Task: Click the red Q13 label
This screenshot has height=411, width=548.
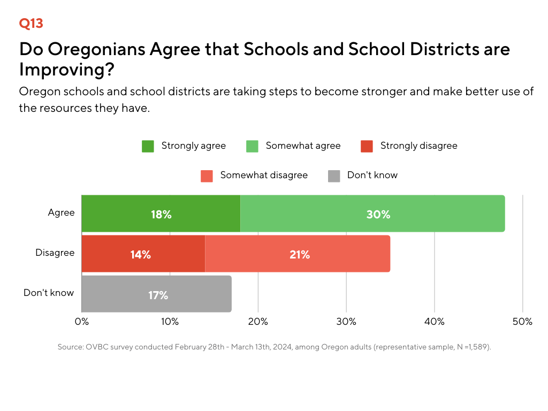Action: (x=31, y=24)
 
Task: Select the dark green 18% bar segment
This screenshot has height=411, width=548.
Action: (x=161, y=214)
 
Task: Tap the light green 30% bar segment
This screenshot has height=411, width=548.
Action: (x=372, y=214)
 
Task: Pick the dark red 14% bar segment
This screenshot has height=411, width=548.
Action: (x=143, y=254)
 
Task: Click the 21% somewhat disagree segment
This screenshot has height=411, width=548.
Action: (x=298, y=254)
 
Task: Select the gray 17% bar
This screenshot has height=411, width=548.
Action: (x=157, y=294)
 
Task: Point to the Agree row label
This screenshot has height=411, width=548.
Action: (x=61, y=213)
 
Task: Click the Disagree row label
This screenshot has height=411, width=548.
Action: (x=55, y=253)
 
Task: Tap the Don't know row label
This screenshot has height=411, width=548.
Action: (x=49, y=293)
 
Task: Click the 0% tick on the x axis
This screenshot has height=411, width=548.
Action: (x=82, y=322)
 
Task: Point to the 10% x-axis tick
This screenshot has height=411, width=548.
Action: (x=170, y=322)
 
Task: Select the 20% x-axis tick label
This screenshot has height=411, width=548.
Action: (x=258, y=322)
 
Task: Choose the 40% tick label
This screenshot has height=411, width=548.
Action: (x=435, y=322)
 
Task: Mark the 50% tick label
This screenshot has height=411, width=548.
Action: (x=522, y=322)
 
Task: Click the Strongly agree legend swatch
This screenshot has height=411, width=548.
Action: (x=148, y=147)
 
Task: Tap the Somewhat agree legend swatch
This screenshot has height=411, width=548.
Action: (x=253, y=147)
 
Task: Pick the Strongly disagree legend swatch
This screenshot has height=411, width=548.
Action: (x=367, y=147)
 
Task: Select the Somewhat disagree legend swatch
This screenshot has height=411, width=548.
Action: (x=207, y=176)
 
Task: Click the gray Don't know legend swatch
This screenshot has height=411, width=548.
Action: (x=334, y=176)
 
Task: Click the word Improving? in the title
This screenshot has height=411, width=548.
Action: (x=67, y=70)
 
